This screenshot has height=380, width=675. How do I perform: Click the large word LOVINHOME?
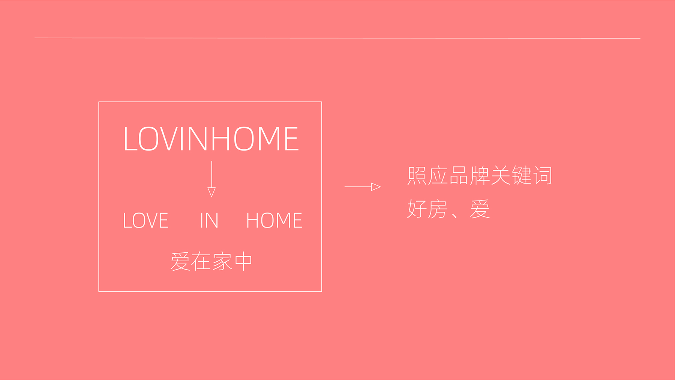point(211,139)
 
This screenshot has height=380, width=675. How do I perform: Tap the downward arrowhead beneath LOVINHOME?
point(211,192)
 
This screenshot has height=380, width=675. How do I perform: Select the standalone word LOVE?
point(145,220)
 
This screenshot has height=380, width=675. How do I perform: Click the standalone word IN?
point(209,220)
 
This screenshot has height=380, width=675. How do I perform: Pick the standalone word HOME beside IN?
point(274,220)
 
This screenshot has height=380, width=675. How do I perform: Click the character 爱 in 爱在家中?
point(180,261)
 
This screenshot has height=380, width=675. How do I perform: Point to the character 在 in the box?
point(201,261)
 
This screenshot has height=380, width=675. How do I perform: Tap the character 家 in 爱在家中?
point(222,261)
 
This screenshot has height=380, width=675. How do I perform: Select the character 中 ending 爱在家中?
point(243,261)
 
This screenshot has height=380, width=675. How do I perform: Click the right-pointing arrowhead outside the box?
point(376,187)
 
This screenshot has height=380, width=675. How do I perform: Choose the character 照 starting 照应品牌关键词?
point(417,175)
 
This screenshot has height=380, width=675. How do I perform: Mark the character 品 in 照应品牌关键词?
point(459,175)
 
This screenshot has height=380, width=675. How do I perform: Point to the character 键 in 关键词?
point(522,175)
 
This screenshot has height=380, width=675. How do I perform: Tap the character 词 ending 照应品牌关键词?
point(543,175)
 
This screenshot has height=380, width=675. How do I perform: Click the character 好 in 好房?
point(417,209)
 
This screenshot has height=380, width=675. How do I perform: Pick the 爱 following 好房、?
point(480,209)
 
